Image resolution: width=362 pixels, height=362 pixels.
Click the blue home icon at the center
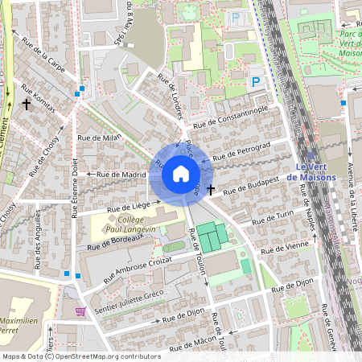click(181, 174)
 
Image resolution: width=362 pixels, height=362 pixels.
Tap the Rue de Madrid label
click(121, 174)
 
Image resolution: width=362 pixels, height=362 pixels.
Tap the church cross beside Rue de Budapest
click(211, 190)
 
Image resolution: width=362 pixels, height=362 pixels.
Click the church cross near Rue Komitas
click(27, 104)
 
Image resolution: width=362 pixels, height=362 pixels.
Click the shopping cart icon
click(79, 311)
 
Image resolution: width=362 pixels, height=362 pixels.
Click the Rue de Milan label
click(98, 138)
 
